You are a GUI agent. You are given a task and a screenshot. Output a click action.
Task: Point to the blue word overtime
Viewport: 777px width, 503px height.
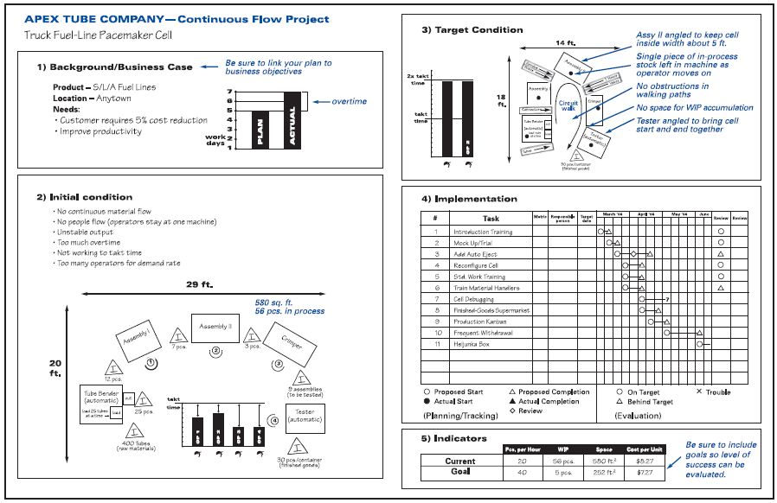click(349, 101)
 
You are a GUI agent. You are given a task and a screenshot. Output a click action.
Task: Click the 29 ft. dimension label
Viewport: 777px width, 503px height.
click(199, 283)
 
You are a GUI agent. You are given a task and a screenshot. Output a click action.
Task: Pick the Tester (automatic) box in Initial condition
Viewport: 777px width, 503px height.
click(303, 415)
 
